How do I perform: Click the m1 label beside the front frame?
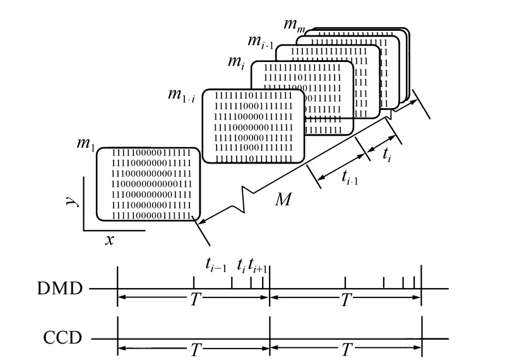click(85, 144)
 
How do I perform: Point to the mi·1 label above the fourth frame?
click(260, 43)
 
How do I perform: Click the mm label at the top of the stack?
click(292, 25)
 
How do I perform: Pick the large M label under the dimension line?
click(283, 200)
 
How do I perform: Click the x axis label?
click(110, 239)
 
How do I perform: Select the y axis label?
click(72, 201)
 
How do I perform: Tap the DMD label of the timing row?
click(60, 289)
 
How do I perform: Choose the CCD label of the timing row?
click(61, 339)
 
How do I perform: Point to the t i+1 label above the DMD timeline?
click(258, 266)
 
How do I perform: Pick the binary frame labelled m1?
click(148, 183)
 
